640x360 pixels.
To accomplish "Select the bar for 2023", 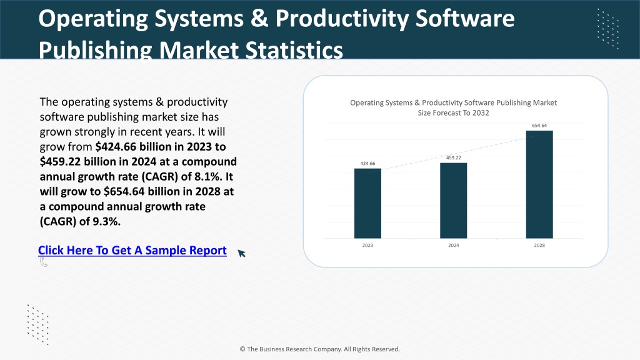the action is (x=367, y=203).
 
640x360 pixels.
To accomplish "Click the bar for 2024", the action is (x=454, y=201).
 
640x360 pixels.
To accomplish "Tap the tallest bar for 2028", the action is (x=539, y=184).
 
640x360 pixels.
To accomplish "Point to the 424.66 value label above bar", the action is (x=367, y=163).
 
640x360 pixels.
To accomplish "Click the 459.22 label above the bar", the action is (x=454, y=157).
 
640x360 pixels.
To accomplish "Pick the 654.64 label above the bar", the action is (x=539, y=125).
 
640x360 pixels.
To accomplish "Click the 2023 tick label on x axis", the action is (x=367, y=245).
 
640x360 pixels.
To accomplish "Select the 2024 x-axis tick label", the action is (x=454, y=245).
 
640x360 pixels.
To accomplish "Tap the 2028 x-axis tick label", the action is (x=539, y=245).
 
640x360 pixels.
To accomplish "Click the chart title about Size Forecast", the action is (x=454, y=107).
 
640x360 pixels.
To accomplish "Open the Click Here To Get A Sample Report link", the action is (x=132, y=250).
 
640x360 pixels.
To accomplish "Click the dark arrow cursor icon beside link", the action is (x=242, y=254).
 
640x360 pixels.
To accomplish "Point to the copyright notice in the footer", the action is (x=319, y=349).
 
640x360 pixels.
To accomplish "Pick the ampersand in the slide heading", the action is (x=259, y=18).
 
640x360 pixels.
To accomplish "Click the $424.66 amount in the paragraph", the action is (x=116, y=147).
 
